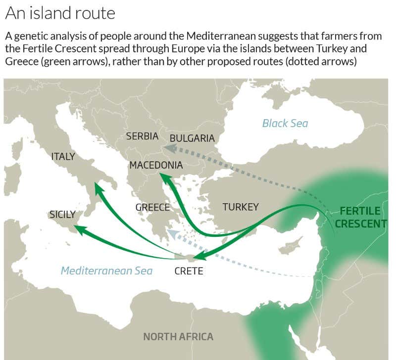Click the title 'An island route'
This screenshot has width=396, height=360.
coord(60,13)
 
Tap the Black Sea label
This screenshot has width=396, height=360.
coord(285,123)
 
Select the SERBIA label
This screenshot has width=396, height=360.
coord(142,136)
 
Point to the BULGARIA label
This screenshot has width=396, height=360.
coord(192,138)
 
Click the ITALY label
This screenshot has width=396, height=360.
coord(63,157)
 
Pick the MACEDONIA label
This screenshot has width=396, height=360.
coord(156,165)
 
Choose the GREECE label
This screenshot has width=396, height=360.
coord(152,207)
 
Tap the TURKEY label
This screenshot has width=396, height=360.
coord(240,207)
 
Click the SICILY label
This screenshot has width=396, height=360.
coord(62,215)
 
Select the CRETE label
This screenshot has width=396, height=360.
coord(189,271)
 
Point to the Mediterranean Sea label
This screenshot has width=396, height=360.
coord(106,270)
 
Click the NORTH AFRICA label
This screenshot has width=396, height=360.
coord(178,337)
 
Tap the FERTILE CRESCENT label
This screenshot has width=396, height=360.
coord(360,217)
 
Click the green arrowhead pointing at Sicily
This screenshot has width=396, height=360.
coord(79,229)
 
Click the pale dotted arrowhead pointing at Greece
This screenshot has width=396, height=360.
coord(171,232)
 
